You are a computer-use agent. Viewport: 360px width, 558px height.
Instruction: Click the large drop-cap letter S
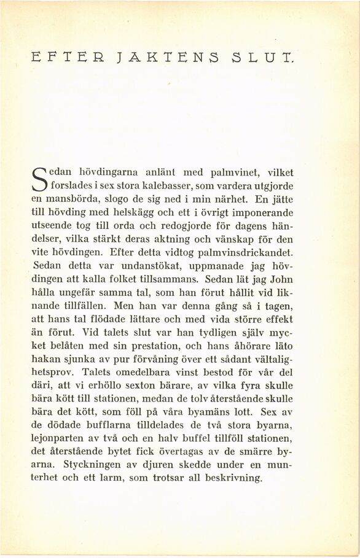[39, 179]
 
